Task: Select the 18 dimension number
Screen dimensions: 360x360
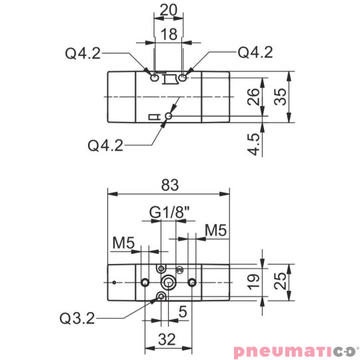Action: (169, 35)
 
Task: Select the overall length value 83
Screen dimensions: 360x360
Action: (169, 184)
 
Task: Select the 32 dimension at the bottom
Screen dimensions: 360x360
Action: (168, 339)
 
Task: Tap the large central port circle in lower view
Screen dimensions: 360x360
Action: (169, 283)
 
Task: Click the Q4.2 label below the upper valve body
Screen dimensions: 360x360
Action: (105, 145)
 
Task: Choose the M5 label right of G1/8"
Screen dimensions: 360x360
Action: (216, 231)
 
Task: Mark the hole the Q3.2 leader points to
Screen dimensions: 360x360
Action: (160, 295)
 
